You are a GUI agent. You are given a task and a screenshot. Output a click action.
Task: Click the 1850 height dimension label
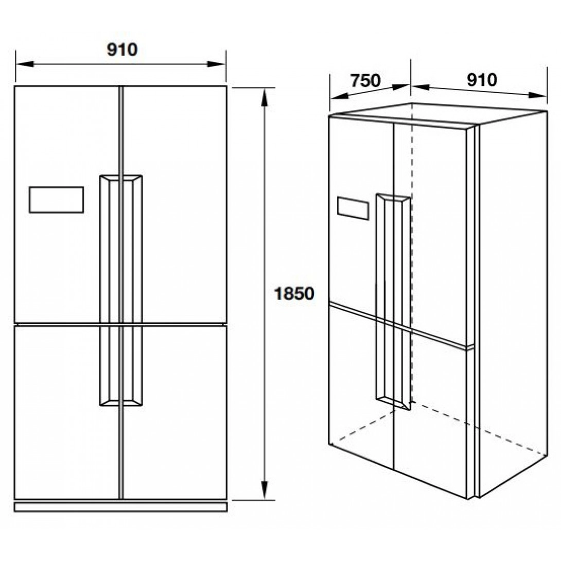point(294,294)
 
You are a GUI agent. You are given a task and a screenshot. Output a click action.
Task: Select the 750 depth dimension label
point(365,81)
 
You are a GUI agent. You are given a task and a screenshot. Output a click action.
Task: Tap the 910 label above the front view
point(122,49)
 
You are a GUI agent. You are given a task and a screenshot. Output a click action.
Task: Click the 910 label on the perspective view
point(482,80)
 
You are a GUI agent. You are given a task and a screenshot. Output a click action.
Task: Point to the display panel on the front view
point(57,199)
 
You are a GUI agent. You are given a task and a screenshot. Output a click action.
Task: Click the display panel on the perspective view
point(353,208)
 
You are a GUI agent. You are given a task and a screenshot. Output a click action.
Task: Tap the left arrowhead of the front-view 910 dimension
point(24,64)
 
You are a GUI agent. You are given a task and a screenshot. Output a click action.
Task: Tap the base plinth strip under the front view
point(120,507)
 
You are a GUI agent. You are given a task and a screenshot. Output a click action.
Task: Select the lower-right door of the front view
point(175,412)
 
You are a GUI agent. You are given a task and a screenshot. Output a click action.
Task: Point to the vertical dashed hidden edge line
point(411,257)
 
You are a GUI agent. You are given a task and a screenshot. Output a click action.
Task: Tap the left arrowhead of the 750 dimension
point(336,96)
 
